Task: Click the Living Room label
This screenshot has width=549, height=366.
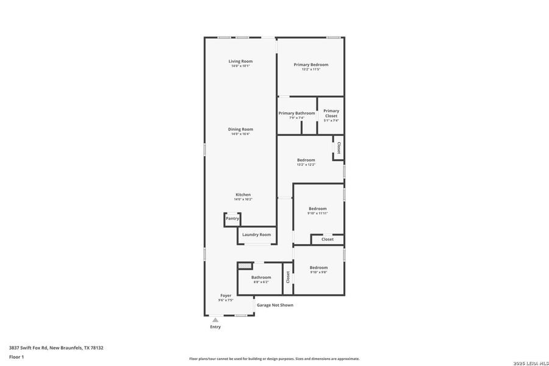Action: click(x=240, y=61)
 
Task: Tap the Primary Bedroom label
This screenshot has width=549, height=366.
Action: click(x=310, y=65)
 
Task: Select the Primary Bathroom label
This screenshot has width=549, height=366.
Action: click(x=296, y=113)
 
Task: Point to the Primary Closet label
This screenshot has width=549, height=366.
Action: click(x=331, y=113)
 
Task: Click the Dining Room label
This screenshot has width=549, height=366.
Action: click(x=240, y=129)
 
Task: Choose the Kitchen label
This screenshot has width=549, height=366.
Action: click(x=243, y=195)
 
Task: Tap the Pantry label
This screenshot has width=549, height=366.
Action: click(x=232, y=218)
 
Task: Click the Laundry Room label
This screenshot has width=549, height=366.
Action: click(x=256, y=235)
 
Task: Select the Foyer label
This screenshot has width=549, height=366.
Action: click(x=226, y=295)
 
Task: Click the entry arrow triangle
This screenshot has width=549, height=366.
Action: click(x=215, y=319)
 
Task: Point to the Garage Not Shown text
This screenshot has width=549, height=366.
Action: click(x=274, y=305)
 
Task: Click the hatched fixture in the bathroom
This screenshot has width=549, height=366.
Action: click(x=245, y=266)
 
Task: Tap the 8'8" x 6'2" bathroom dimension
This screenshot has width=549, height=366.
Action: click(x=260, y=282)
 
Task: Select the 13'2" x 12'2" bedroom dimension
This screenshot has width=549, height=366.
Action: click(x=306, y=165)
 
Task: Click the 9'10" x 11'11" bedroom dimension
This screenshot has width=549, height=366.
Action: click(x=317, y=213)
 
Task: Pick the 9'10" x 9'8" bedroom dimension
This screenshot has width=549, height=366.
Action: click(x=318, y=272)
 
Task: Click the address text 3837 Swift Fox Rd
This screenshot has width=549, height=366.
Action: click(x=56, y=348)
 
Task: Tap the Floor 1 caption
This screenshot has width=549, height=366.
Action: click(x=16, y=356)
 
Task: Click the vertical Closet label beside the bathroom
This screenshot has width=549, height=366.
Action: click(x=288, y=278)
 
